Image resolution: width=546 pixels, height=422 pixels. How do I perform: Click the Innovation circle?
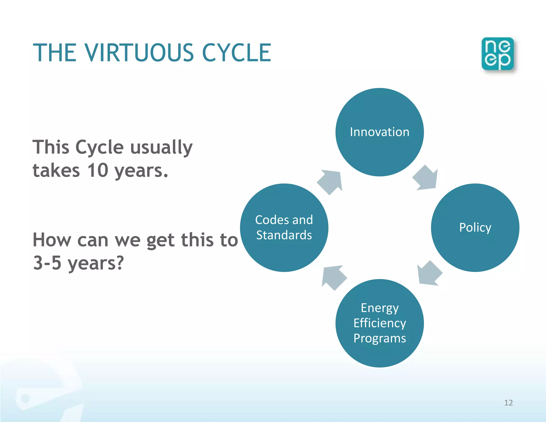[379, 132]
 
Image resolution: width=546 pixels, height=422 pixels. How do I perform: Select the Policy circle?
[475, 228]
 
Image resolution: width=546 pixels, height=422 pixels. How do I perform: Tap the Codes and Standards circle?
[284, 228]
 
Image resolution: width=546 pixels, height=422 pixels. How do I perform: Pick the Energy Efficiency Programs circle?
[379, 323]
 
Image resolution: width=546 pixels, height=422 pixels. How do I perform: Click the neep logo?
[497, 54]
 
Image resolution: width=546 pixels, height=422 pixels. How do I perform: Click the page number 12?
[508, 403]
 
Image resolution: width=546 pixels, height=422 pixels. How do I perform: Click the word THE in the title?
[55, 53]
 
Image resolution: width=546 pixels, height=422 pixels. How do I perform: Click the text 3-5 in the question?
[47, 263]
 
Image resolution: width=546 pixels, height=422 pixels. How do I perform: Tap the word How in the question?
[52, 240]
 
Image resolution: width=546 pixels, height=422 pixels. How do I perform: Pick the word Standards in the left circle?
[284, 235]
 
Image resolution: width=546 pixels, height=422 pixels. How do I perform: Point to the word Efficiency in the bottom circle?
[380, 323]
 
